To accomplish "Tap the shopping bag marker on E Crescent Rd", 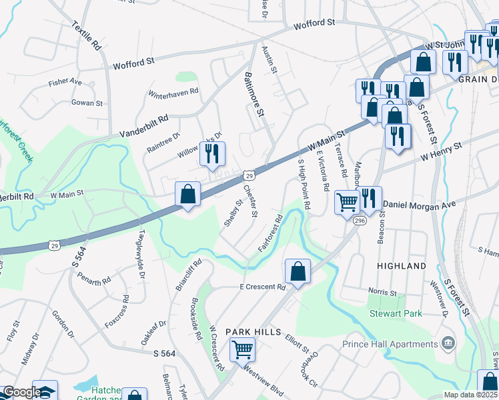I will [x=297, y=271].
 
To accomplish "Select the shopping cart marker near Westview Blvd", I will [x=242, y=349].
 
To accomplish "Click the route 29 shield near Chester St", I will [x=248, y=175].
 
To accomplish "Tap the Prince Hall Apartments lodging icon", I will [x=449, y=344].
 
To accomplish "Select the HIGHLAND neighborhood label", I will [x=402, y=266].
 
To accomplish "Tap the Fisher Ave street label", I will [x=65, y=83].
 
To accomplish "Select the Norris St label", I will [x=383, y=292].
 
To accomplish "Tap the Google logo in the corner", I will [x=21, y=392].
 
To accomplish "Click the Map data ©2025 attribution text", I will [x=470, y=395].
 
